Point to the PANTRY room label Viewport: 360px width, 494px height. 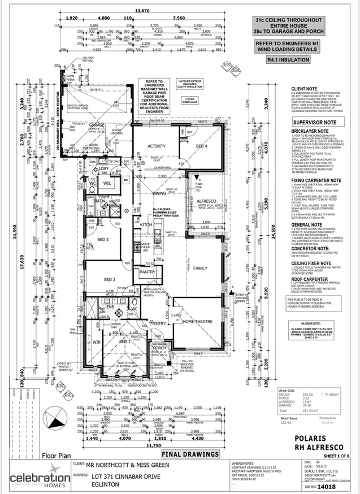147,272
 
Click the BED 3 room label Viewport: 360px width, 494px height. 102,239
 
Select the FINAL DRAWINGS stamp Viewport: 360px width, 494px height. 190,453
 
